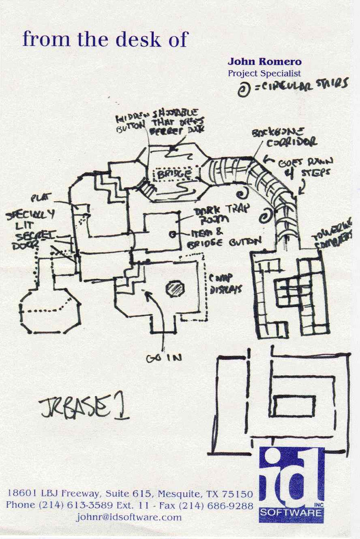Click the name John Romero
click(264, 62)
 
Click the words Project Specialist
click(264, 73)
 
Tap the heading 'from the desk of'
click(105, 40)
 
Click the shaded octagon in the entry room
click(175, 287)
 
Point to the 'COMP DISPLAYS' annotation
click(226, 284)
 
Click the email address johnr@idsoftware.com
click(129, 517)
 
